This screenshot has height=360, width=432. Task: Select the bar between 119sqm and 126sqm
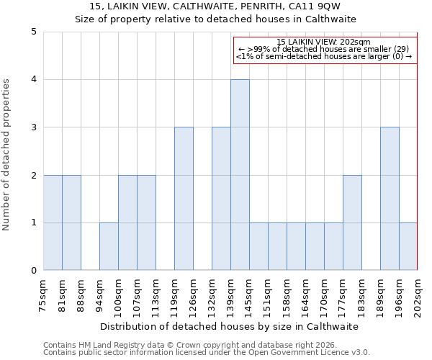(x=184, y=199)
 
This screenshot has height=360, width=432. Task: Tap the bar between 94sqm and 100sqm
(x=109, y=246)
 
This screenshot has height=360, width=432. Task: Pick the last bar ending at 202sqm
(x=408, y=246)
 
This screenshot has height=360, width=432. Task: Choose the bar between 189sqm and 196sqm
(x=390, y=199)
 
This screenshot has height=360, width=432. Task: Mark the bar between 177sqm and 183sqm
(x=352, y=222)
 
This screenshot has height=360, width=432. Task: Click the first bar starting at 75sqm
(x=53, y=222)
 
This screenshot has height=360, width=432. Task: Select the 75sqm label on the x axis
(x=44, y=295)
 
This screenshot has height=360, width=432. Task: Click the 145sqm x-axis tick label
(x=250, y=295)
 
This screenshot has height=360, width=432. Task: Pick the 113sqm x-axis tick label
(x=156, y=295)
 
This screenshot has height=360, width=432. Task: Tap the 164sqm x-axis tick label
(x=306, y=295)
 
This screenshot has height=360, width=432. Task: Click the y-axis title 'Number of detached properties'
(x=6, y=155)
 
